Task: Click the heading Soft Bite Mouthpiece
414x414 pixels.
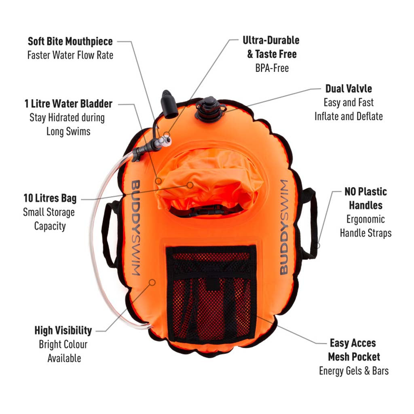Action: click(70, 41)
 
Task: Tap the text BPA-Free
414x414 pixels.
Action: click(272, 68)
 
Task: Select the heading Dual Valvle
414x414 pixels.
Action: click(349, 89)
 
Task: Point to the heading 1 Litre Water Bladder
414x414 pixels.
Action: click(68, 103)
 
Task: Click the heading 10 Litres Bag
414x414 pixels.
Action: click(50, 199)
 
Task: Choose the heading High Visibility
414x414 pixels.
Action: click(63, 330)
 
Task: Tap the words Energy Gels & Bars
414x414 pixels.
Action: click(354, 371)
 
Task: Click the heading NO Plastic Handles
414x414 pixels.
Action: click(365, 198)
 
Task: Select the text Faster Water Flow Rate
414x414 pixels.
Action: click(70, 55)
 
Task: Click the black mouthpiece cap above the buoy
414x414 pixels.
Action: click(169, 104)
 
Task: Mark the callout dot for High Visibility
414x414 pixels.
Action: click(152, 282)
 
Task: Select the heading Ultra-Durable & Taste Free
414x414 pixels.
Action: click(271, 47)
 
